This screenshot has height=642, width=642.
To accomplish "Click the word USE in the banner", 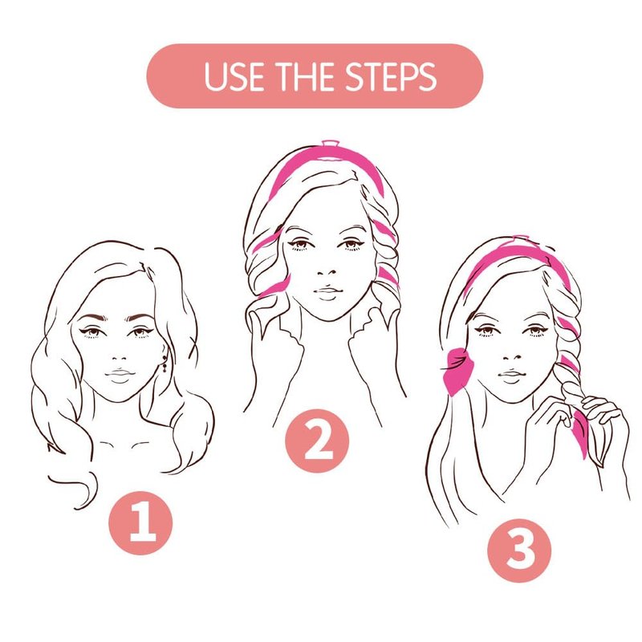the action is click(x=234, y=76).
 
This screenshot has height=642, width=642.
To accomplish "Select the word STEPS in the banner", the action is click(x=390, y=76).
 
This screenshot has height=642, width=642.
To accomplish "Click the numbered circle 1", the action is click(x=140, y=523).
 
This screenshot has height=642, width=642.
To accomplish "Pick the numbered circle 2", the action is click(x=317, y=441).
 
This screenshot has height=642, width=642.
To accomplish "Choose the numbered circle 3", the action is click(x=519, y=551).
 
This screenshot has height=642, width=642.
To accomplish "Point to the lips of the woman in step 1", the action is click(x=119, y=375).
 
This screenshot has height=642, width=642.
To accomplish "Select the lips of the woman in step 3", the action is click(x=510, y=376).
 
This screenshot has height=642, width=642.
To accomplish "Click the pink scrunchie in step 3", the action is click(x=457, y=370).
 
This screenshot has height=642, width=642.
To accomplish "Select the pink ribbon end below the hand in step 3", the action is click(x=580, y=430).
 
